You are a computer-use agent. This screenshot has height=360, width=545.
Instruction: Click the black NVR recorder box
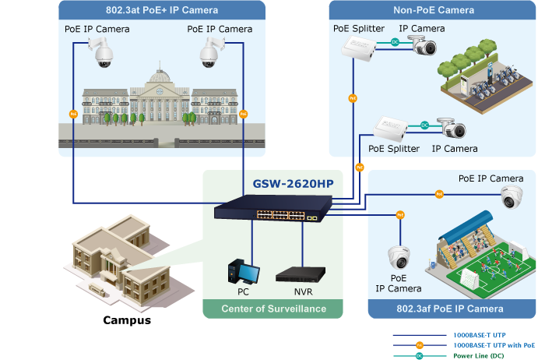(301, 275)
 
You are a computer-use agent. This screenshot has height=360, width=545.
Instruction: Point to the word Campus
(128, 319)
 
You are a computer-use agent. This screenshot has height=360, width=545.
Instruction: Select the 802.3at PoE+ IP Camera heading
(162, 10)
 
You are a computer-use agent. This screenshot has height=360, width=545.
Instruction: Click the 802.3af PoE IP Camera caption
(451, 309)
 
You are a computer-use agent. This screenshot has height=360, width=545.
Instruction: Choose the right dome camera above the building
(209, 51)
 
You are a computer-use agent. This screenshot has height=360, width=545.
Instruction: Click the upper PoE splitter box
(359, 51)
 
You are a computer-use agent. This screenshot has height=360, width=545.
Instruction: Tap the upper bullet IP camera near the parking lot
(424, 48)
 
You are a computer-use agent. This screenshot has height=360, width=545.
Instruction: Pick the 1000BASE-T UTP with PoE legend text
(494, 344)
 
